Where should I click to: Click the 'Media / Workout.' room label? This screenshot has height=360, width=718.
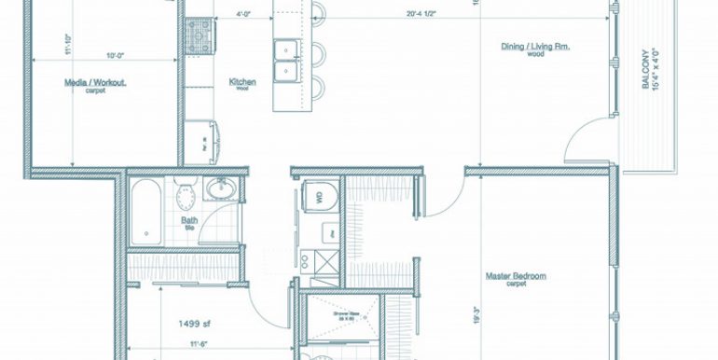pyautogui.click(x=95, y=83)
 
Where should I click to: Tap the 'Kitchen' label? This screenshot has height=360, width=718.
pyautogui.click(x=242, y=82)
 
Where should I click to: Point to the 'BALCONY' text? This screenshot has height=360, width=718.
pyautogui.click(x=646, y=69)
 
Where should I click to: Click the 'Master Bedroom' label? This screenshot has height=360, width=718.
pyautogui.click(x=516, y=276)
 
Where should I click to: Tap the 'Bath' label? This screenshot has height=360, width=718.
pyautogui.click(x=187, y=221)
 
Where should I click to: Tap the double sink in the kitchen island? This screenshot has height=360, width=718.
pyautogui.click(x=286, y=60)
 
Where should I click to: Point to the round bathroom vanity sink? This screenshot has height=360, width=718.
pyautogui.click(x=221, y=190)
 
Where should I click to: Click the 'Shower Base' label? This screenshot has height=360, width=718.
pyautogui.click(x=346, y=314)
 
